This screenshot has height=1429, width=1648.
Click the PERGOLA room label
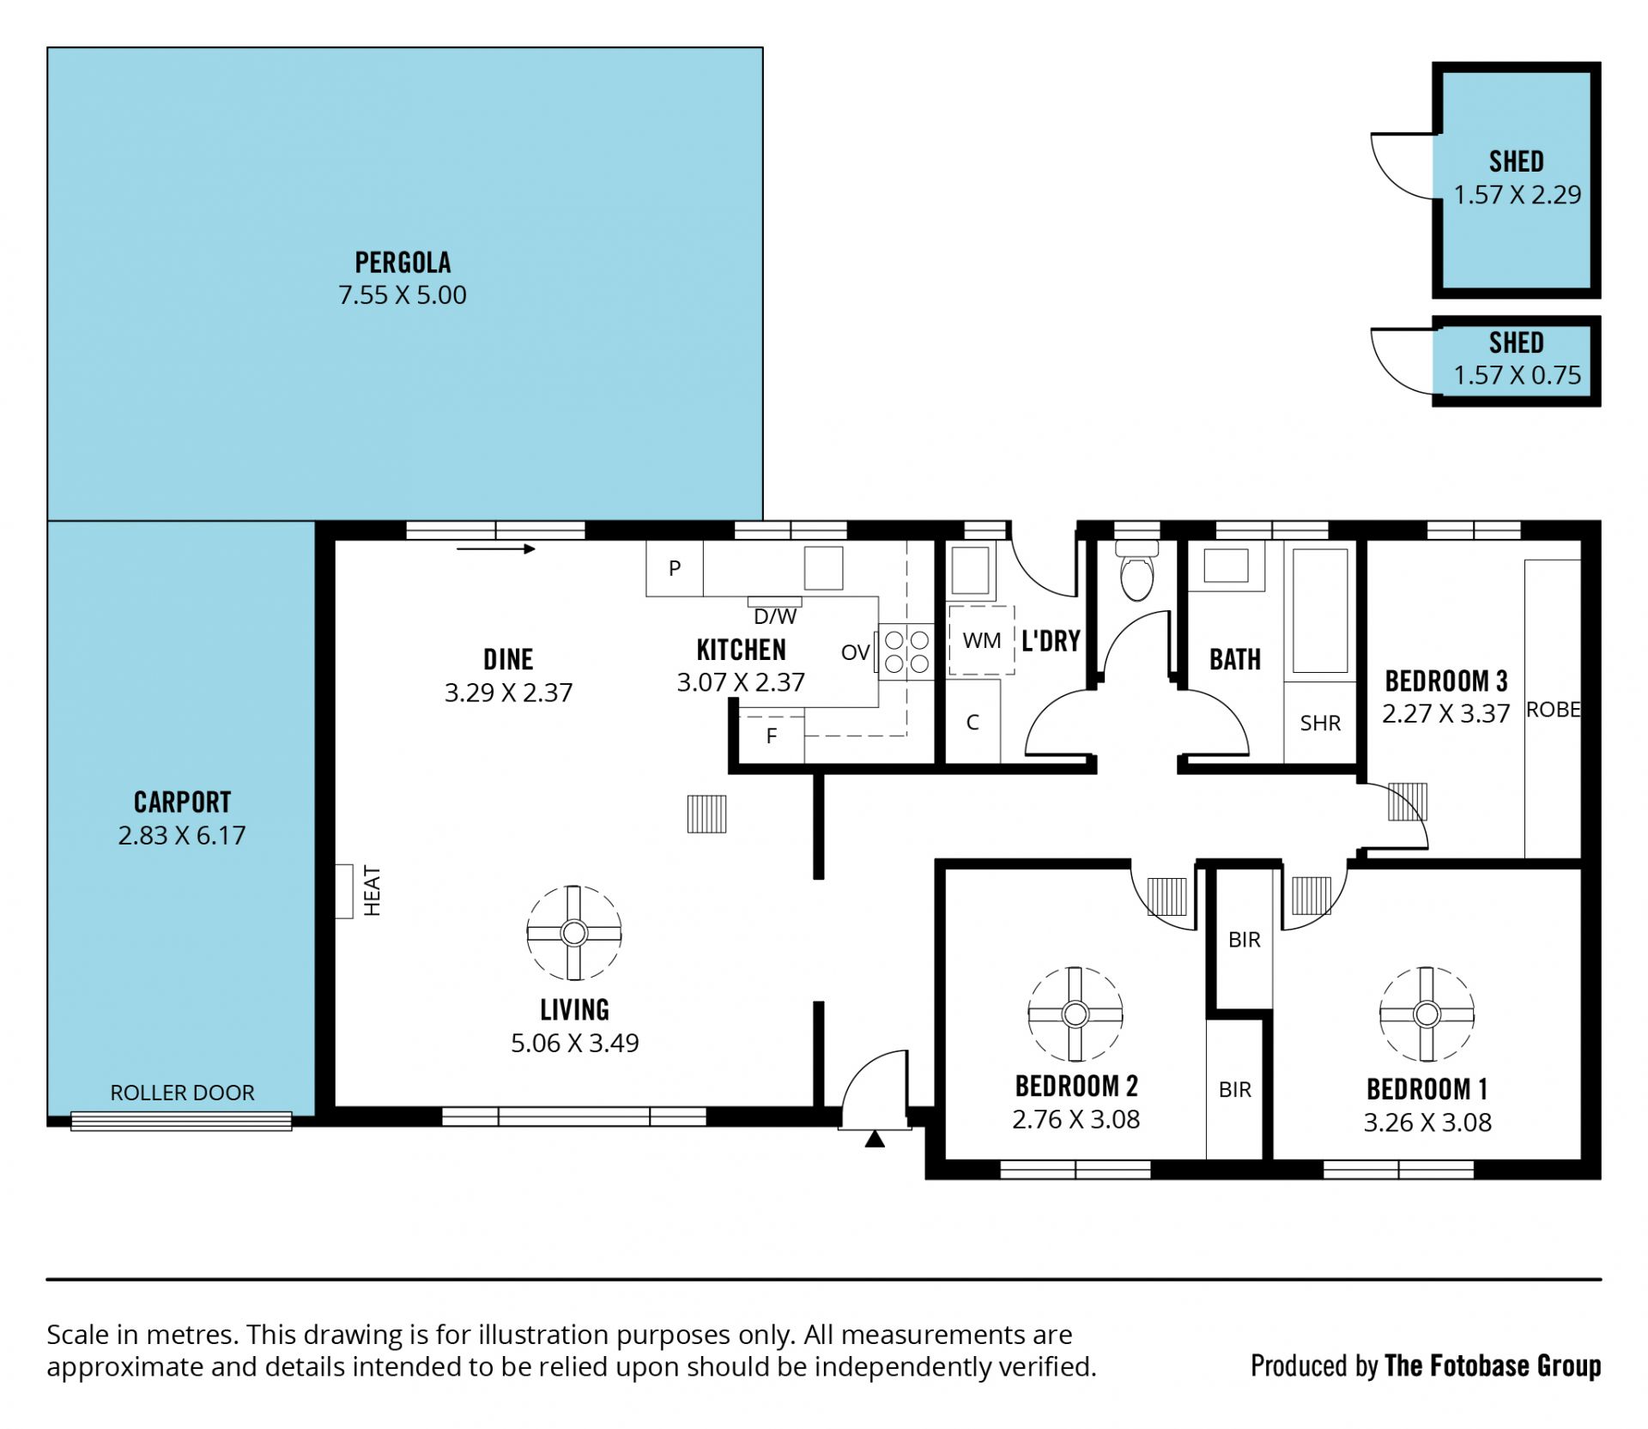(x=403, y=262)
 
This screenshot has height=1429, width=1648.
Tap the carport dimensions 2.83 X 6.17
(x=182, y=835)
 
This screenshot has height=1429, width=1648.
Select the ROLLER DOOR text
(x=182, y=1093)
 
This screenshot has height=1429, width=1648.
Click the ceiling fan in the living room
(x=573, y=932)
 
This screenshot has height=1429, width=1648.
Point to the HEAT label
(x=372, y=891)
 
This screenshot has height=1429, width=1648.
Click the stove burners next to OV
(x=906, y=651)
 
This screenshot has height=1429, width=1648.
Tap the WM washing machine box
(x=981, y=640)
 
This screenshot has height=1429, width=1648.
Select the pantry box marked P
(x=675, y=568)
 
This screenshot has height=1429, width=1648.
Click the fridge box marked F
(x=772, y=736)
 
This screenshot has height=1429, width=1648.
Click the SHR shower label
(x=1320, y=724)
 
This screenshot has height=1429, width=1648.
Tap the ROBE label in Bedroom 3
(x=1553, y=710)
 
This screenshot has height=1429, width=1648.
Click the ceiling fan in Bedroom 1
(x=1427, y=1014)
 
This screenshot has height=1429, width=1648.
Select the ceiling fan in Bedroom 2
(x=1075, y=1014)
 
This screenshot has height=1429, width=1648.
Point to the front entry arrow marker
(x=875, y=1139)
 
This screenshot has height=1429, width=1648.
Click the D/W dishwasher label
(x=775, y=616)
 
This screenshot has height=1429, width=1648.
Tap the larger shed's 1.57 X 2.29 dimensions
(x=1517, y=195)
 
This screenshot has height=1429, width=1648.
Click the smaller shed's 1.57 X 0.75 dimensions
(x=1517, y=375)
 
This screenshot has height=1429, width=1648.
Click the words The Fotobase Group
(x=1493, y=1365)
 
